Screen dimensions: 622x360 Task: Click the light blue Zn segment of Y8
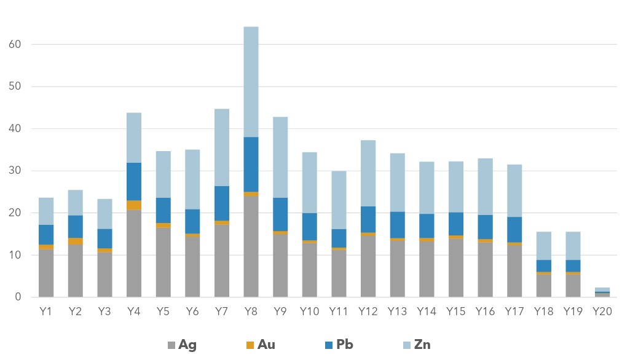pyautogui.click(x=251, y=82)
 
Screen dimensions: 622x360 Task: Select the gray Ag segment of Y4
pyautogui.click(x=134, y=253)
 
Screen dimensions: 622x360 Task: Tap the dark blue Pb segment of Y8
pyautogui.click(x=251, y=165)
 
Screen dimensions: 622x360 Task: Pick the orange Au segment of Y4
pyautogui.click(x=134, y=205)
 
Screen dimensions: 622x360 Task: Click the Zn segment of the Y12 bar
pyautogui.click(x=368, y=173)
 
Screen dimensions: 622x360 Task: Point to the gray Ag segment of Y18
pyautogui.click(x=544, y=286)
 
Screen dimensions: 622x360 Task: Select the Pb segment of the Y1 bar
pyautogui.click(x=46, y=235)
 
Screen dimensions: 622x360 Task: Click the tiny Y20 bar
pyautogui.click(x=602, y=292)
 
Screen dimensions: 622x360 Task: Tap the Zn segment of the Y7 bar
pyautogui.click(x=222, y=147)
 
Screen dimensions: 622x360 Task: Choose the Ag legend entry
pyautogui.click(x=182, y=345)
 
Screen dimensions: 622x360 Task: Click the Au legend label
pyautogui.click(x=266, y=345)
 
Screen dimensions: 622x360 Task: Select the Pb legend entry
pyautogui.click(x=339, y=345)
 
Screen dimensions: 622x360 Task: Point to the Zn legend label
pyautogui.click(x=422, y=345)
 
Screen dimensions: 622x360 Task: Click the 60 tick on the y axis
pyautogui.click(x=15, y=44)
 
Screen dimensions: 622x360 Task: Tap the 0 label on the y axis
pyautogui.click(x=18, y=297)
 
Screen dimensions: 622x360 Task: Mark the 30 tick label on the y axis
pyautogui.click(x=15, y=171)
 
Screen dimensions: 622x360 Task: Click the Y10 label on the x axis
pyautogui.click(x=309, y=311)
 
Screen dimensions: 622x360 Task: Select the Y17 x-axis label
pyautogui.click(x=514, y=311)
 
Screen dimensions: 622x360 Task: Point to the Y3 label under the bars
pyautogui.click(x=104, y=311)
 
